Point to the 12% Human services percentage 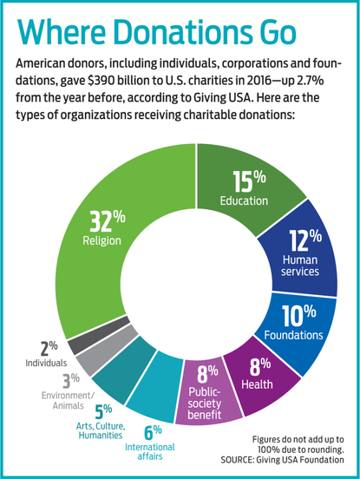pos(300,239)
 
